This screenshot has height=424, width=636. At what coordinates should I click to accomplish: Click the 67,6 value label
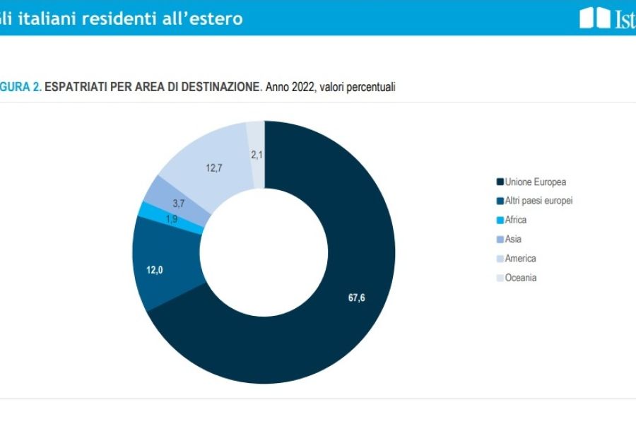click(x=357, y=298)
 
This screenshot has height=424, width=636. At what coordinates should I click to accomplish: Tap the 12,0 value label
click(x=155, y=269)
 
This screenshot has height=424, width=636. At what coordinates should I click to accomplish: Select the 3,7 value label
click(x=179, y=204)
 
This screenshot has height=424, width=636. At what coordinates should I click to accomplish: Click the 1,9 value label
click(x=172, y=219)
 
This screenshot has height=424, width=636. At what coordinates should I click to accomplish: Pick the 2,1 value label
click(x=257, y=154)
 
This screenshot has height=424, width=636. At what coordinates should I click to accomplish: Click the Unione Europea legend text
click(x=536, y=182)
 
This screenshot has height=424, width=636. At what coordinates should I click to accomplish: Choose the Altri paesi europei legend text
click(x=538, y=201)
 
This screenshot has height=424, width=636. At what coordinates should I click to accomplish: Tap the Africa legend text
click(x=516, y=220)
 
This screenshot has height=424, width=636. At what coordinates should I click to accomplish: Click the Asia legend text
click(x=513, y=239)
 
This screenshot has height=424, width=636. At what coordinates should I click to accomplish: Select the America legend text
click(x=520, y=259)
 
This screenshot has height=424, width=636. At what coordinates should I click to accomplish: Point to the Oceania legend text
click(x=521, y=278)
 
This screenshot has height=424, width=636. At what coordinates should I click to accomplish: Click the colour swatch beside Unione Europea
click(x=500, y=182)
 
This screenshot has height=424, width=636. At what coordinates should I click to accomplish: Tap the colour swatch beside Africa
click(x=500, y=220)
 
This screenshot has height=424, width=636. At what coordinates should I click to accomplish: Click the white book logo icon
click(x=594, y=18)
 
